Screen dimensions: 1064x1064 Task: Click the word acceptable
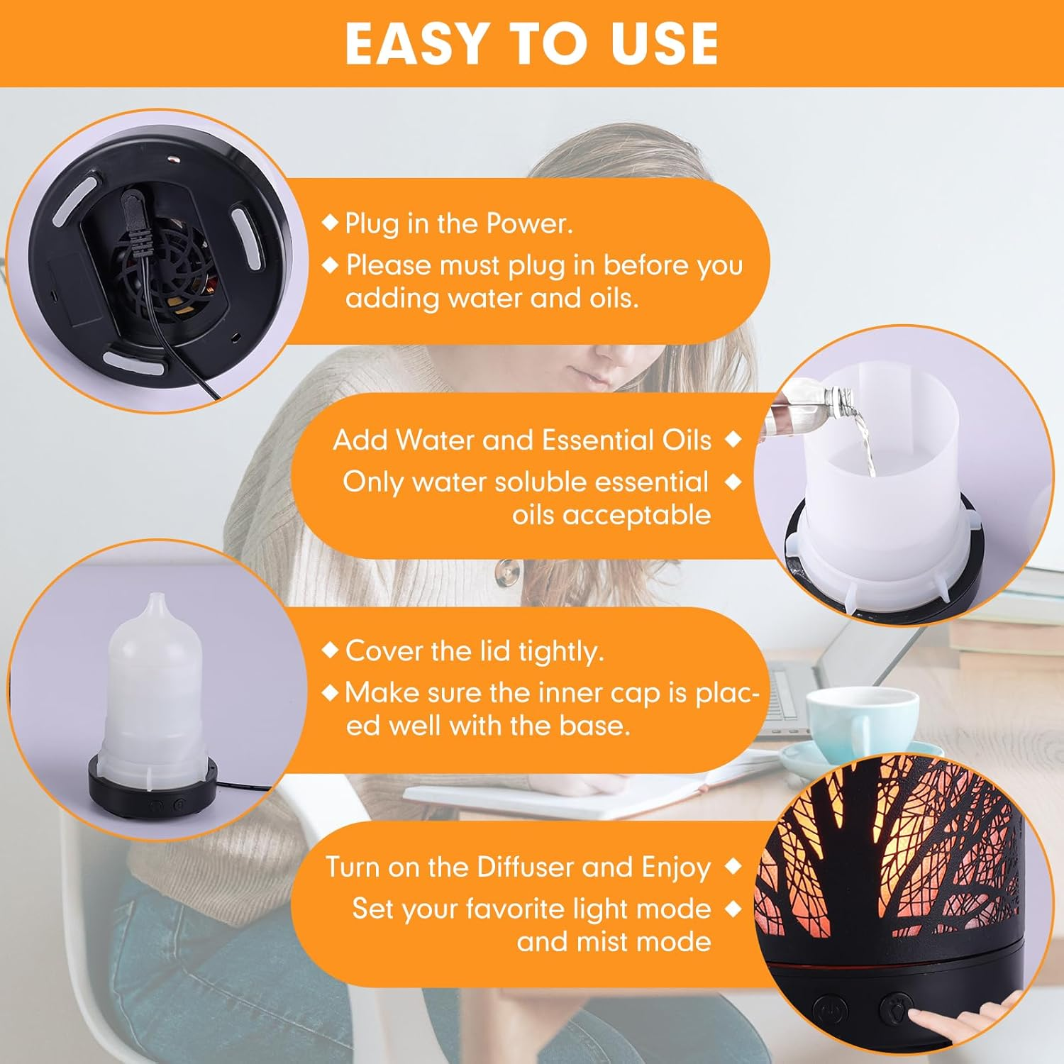pyautogui.click(x=611, y=516)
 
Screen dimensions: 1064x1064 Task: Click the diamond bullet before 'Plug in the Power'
pyautogui.click(x=330, y=223)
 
